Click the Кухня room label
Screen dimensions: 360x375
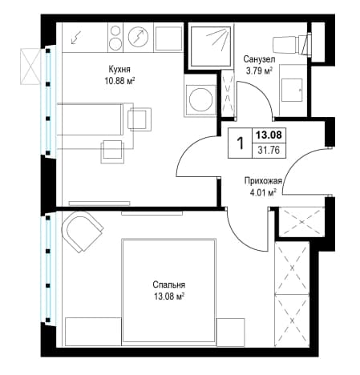click(119, 70)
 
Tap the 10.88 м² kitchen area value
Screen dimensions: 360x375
click(119, 81)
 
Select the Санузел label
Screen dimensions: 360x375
click(259, 58)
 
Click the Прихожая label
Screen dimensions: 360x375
click(263, 181)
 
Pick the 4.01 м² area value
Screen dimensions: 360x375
click(262, 193)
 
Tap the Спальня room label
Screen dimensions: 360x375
click(169, 284)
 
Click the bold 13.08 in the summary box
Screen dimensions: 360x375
click(269, 135)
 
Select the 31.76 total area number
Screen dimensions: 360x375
click(269, 150)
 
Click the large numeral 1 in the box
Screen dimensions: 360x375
click(241, 143)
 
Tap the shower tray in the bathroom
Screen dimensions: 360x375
click(210, 46)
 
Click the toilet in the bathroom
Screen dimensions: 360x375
click(292, 43)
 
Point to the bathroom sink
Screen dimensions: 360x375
click(293, 90)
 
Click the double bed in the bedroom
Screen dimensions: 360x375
click(168, 290)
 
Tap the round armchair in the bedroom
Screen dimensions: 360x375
click(82, 232)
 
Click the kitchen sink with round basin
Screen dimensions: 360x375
click(138, 37)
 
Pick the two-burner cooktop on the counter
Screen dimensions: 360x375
click(115, 37)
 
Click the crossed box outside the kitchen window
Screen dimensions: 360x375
click(30, 67)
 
